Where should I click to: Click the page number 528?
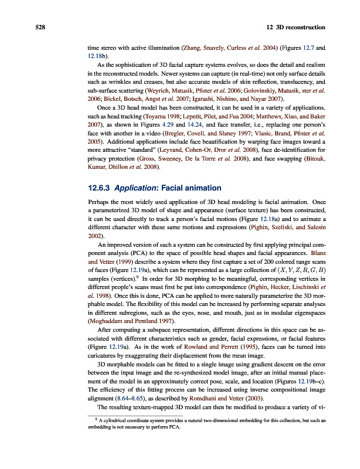tap(24, 28)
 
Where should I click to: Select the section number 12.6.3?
tap(98, 188)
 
